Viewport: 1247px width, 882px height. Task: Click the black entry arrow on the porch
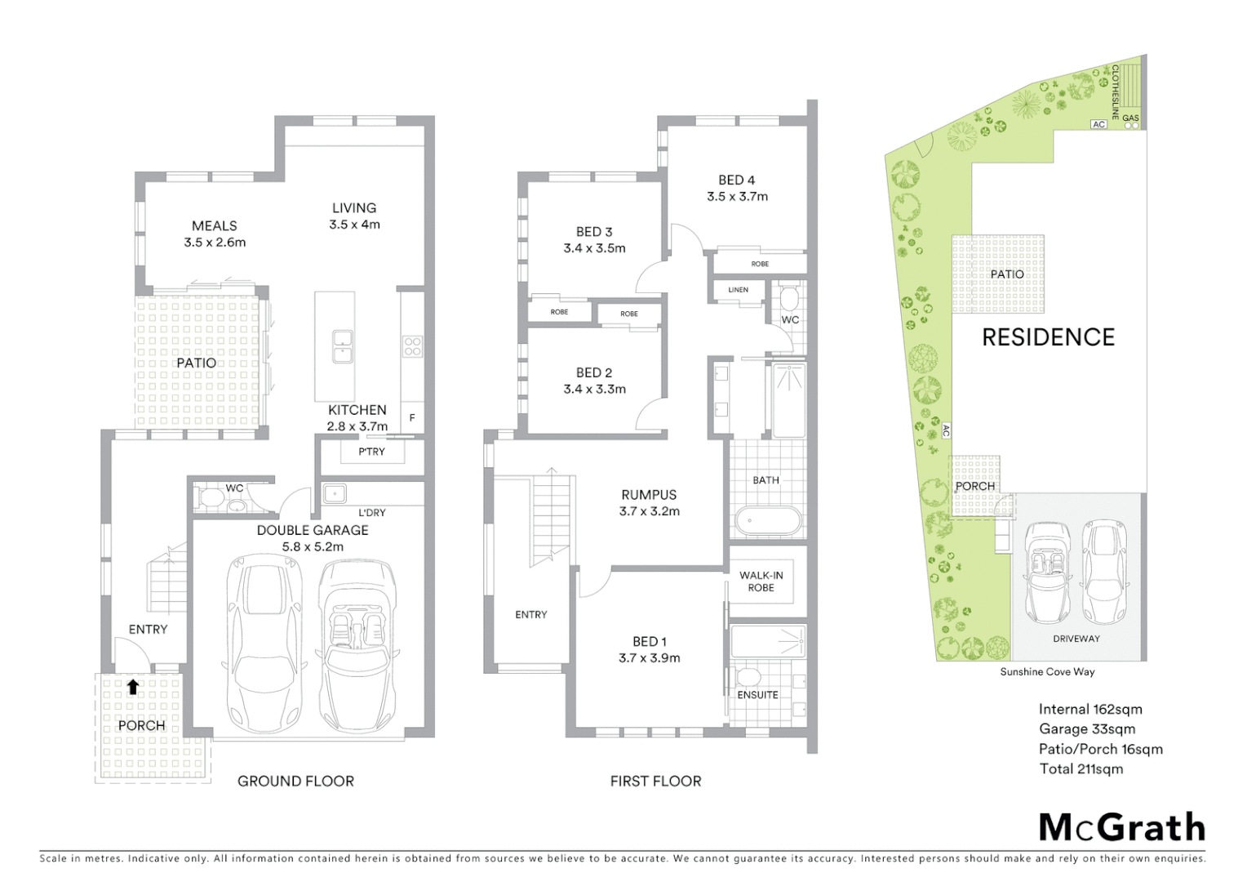(133, 687)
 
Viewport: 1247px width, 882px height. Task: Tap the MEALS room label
(215, 225)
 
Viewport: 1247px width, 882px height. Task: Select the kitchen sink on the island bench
(343, 346)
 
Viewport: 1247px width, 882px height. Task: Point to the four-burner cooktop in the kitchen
(412, 346)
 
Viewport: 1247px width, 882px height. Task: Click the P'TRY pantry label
(371, 452)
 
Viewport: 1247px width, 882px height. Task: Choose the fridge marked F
(412, 417)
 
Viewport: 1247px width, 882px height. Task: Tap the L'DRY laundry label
(371, 513)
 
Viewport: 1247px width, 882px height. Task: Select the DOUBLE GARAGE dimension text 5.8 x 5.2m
(313, 547)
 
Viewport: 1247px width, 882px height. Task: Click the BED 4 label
(736, 180)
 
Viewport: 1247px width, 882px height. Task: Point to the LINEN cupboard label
(738, 290)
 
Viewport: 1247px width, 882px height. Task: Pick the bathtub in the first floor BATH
(768, 521)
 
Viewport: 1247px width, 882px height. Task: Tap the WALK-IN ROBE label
(761, 581)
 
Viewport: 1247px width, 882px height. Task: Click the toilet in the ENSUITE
(746, 678)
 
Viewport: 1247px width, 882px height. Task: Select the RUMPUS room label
(649, 495)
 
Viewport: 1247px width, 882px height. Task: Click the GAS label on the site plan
(1130, 118)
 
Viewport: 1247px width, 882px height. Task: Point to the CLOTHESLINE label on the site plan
(1115, 92)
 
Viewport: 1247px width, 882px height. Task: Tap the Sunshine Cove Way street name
(1047, 672)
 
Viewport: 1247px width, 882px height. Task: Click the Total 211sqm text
(1081, 769)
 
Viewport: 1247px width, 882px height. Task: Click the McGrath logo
(1121, 827)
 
